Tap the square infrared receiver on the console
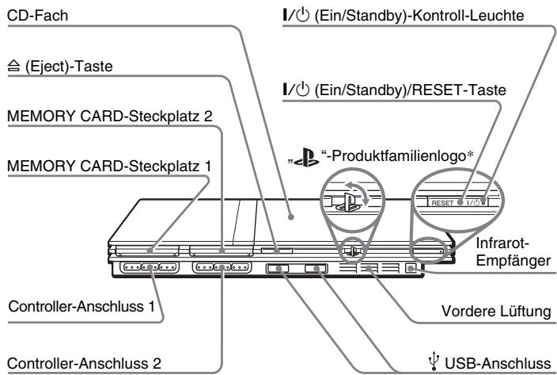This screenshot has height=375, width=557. coord(409,269)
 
